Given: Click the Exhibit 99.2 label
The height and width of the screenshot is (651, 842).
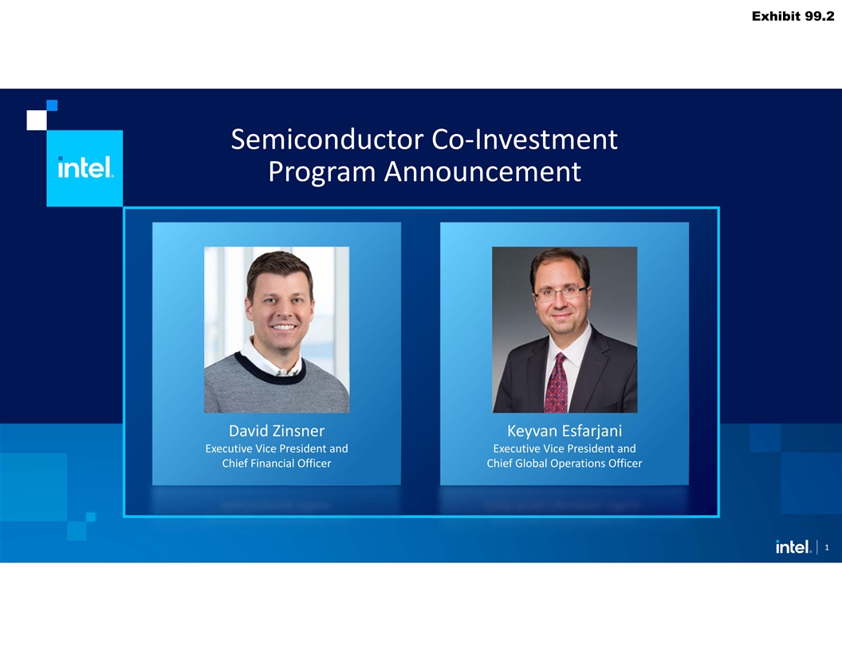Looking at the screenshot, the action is (x=793, y=16).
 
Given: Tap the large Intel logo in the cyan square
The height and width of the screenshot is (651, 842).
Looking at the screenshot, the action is (x=85, y=167).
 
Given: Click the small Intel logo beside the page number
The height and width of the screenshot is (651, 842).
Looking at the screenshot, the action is (x=793, y=546).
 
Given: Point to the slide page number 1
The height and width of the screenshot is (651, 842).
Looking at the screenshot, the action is (x=826, y=547).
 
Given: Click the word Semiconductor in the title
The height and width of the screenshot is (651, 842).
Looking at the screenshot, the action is (x=327, y=140).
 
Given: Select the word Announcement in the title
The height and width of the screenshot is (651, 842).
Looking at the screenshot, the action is (x=482, y=172).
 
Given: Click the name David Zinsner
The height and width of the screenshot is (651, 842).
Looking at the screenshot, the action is (x=277, y=431).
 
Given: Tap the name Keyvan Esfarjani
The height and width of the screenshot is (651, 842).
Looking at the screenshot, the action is (x=565, y=431).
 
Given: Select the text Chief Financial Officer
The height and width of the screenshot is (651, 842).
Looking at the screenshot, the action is (x=277, y=463).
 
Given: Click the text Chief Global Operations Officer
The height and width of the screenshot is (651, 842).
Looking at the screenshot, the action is (x=565, y=463).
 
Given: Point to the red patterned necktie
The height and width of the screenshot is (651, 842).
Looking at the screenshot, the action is (x=556, y=383).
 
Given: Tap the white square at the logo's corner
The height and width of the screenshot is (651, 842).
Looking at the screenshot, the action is (x=37, y=120).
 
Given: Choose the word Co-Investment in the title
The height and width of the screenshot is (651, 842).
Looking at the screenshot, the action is (x=525, y=140).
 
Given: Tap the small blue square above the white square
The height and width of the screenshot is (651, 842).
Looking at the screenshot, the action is (x=52, y=105).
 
